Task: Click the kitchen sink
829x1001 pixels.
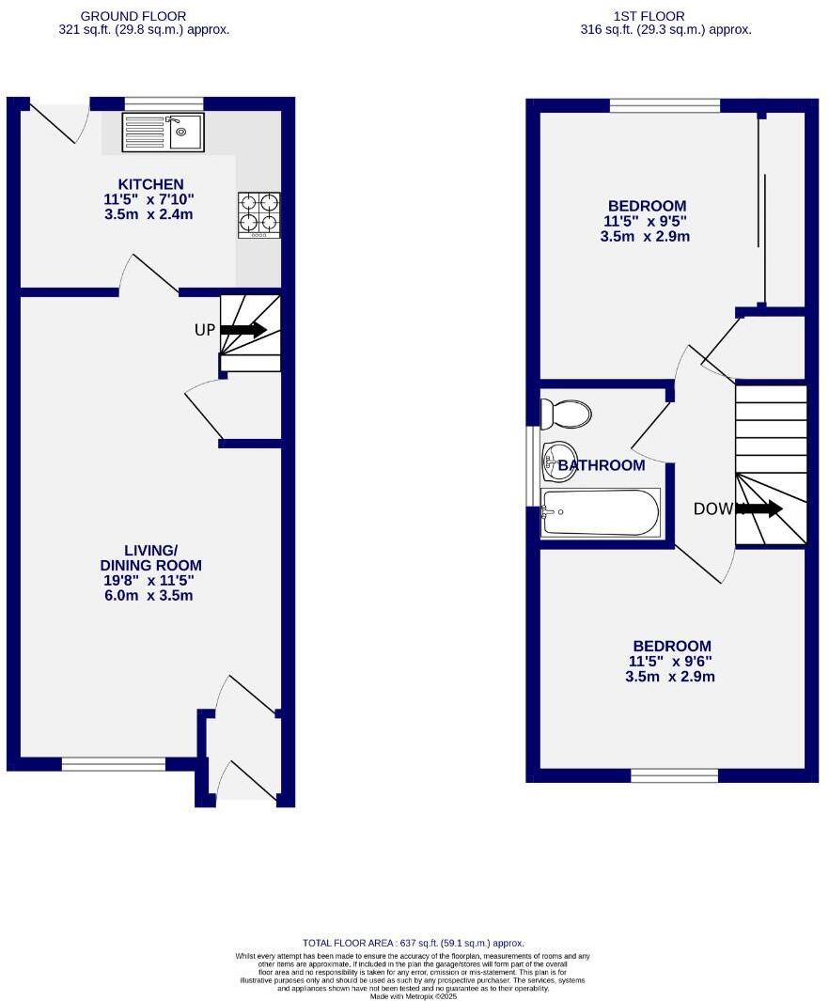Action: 163,133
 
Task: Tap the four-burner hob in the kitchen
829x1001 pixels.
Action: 259,212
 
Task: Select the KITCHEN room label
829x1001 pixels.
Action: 150,183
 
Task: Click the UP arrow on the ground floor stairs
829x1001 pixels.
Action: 243,330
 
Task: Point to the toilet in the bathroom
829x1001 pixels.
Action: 565,414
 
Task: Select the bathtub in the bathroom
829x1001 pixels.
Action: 601,512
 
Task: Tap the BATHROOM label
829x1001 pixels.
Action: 602,465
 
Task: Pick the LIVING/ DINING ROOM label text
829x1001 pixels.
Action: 150,557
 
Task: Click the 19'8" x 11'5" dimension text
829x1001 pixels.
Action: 150,581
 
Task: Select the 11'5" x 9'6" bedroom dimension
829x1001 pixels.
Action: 671,661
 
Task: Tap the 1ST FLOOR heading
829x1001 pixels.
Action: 649,16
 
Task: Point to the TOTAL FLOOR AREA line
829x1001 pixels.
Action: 414,943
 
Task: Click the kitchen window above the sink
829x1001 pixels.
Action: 164,103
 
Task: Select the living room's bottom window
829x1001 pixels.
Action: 113,764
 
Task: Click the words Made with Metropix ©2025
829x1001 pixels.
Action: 414,995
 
